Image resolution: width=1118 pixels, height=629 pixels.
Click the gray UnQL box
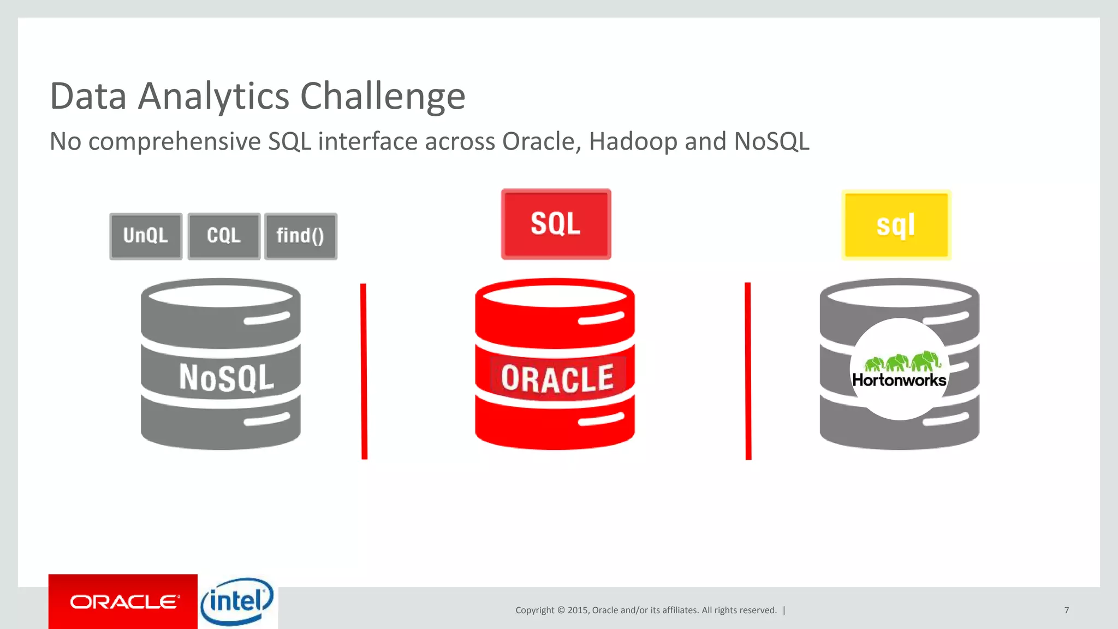146,236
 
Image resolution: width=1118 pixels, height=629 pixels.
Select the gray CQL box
224,236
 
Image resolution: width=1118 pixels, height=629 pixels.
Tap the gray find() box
300,236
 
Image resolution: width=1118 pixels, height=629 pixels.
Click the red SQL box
556,224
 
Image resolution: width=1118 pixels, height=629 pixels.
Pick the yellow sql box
896,225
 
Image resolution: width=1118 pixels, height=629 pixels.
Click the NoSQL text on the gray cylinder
226,378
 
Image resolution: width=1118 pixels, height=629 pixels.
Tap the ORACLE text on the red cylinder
557,379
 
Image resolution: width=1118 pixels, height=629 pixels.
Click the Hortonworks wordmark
899,381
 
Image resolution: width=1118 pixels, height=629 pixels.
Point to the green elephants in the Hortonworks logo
902,361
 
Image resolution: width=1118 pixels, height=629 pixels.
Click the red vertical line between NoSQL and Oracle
364,371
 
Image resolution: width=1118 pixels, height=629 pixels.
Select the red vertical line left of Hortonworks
748,371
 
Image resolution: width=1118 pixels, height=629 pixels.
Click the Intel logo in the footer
237,602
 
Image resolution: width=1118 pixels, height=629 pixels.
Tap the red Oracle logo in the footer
123,602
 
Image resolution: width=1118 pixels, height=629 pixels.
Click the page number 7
1066,610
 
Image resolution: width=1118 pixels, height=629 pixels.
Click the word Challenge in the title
382,97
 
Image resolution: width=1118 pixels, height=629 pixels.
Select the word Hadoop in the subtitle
633,141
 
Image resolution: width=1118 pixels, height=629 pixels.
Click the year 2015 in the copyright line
578,610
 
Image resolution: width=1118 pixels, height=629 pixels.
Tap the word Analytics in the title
213,97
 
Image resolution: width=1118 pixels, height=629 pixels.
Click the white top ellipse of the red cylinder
555,295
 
